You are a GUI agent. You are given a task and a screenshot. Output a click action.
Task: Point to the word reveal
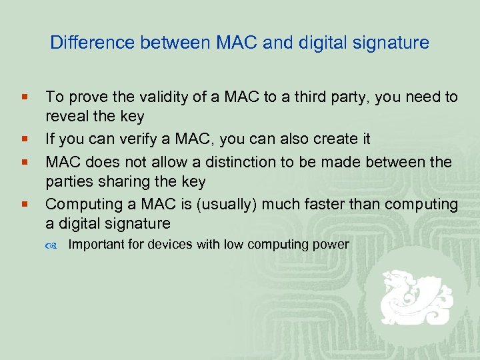(65, 117)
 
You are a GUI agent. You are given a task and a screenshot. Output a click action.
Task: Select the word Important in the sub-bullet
(96, 245)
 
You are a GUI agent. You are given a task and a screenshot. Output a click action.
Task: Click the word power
(332, 245)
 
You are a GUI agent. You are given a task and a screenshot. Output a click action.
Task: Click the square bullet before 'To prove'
(24, 98)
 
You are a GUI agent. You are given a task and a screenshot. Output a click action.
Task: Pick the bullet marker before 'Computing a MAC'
(24, 204)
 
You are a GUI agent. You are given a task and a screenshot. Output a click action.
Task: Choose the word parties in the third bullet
(67, 181)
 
